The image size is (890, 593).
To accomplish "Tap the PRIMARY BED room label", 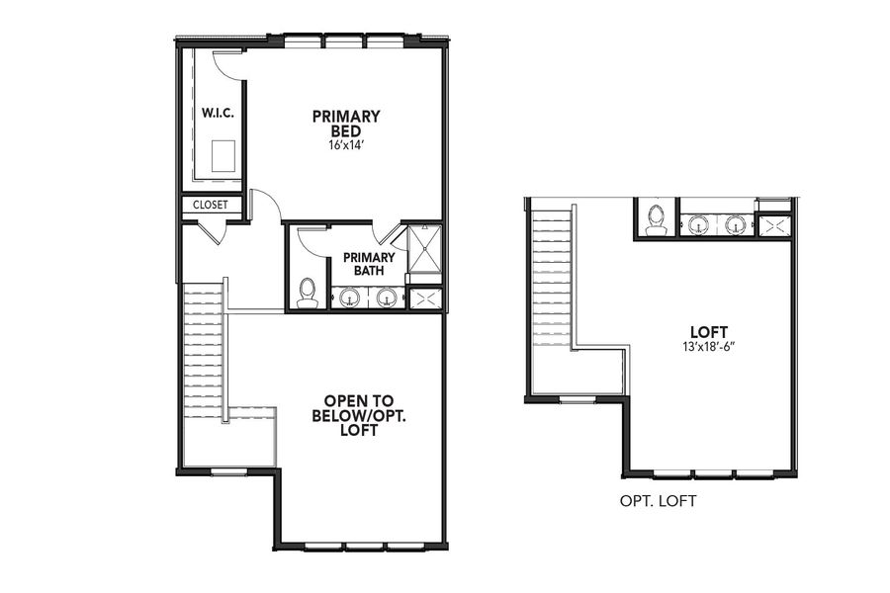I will pyautogui.click(x=346, y=124).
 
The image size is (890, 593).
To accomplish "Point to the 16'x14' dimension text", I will pyautogui.click(x=346, y=145).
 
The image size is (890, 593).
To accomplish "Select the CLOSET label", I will pyautogui.click(x=211, y=206).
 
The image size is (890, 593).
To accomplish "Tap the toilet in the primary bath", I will pyautogui.click(x=308, y=292).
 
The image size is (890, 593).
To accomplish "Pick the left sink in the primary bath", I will pyautogui.click(x=348, y=296).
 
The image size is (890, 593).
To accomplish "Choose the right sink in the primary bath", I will pyautogui.click(x=388, y=296).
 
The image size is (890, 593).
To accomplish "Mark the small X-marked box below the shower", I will pyautogui.click(x=425, y=297).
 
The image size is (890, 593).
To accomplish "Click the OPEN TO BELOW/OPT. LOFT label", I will pyautogui.click(x=359, y=416).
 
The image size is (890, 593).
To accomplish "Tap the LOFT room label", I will pyautogui.click(x=709, y=332).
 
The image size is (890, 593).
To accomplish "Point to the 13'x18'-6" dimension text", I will pyautogui.click(x=709, y=348).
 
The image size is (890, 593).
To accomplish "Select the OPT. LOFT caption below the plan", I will pyautogui.click(x=658, y=501).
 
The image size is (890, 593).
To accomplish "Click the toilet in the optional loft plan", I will pyautogui.click(x=656, y=219).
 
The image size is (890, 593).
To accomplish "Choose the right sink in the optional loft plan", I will pyautogui.click(x=736, y=224).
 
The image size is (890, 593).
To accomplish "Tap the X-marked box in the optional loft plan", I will pyautogui.click(x=774, y=225).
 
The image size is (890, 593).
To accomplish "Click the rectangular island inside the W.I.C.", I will pyautogui.click(x=222, y=155).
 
